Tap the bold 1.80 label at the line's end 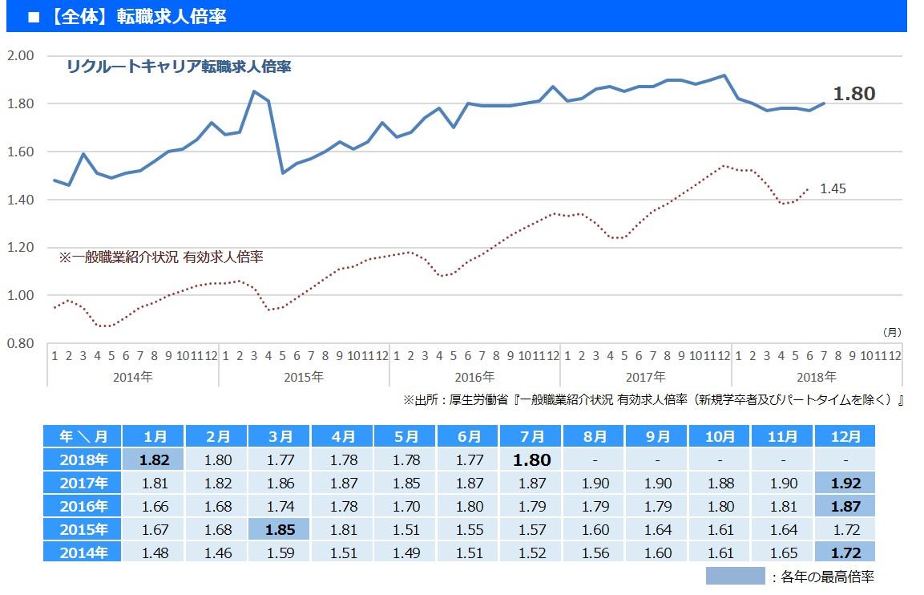(853, 94)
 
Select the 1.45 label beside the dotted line (833, 189)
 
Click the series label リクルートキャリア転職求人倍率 (179, 67)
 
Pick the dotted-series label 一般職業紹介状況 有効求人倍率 (161, 257)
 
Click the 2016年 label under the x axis (474, 376)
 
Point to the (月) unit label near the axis (891, 331)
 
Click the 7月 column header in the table (531, 436)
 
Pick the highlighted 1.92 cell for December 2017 (845, 484)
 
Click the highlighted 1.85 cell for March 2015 (280, 529)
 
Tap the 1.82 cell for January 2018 (155, 459)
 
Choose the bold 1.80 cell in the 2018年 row (531, 459)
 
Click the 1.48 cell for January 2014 (155, 552)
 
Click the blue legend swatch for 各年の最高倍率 (735, 576)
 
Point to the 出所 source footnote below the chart (653, 399)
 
